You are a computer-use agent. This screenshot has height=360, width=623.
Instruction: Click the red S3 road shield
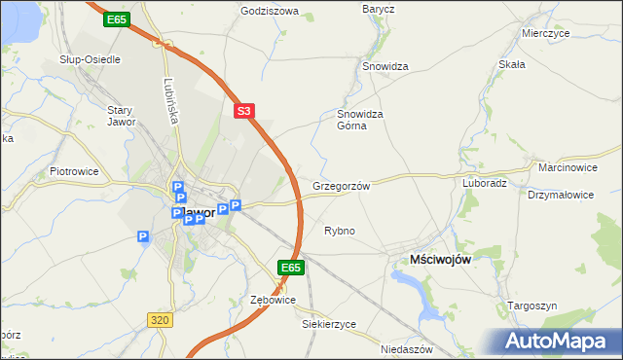click(244, 112)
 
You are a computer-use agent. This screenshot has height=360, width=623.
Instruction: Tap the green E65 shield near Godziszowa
click(117, 19)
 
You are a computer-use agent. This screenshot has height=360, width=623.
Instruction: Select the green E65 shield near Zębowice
click(291, 267)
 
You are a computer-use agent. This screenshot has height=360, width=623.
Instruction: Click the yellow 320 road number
click(162, 318)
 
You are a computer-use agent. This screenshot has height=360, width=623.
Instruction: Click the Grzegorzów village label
click(341, 185)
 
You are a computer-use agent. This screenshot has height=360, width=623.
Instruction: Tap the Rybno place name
click(339, 231)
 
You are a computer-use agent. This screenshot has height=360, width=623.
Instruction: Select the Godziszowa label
click(270, 12)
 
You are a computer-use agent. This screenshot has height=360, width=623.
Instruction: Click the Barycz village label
click(378, 9)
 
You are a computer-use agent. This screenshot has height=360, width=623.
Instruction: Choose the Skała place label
click(512, 64)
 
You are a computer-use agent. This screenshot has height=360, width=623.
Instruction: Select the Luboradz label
click(485, 182)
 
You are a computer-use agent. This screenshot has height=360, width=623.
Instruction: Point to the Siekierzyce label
click(329, 324)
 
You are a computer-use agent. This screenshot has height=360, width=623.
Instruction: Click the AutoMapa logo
click(558, 341)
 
